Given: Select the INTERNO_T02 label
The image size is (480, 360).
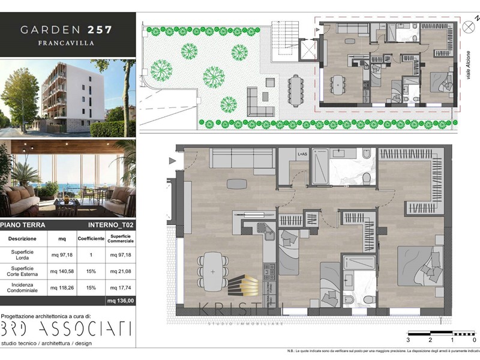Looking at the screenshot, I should click(110, 225).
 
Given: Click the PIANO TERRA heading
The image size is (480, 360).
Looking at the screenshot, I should click(22, 225).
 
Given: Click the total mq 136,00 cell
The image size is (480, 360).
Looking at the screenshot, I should click(120, 301).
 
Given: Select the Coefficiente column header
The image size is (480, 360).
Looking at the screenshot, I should click(91, 238).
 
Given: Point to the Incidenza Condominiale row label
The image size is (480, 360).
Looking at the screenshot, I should click(21, 287).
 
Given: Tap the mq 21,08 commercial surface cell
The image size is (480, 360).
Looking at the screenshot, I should click(120, 271).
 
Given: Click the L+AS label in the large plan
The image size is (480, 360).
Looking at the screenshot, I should click(302, 155).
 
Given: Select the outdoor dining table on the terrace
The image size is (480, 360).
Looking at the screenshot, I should click(295, 90).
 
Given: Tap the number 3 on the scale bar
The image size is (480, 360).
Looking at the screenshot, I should click(408, 340).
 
